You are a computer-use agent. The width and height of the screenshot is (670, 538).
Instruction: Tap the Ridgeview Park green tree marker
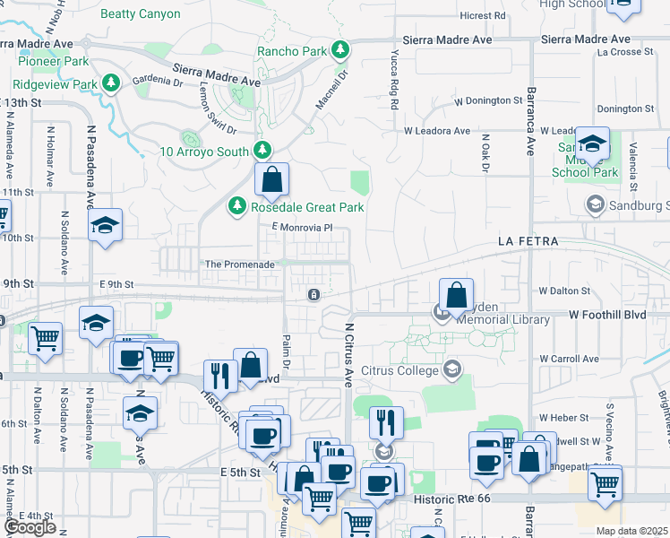(111, 84)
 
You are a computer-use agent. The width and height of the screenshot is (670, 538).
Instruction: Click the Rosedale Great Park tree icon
(237, 207)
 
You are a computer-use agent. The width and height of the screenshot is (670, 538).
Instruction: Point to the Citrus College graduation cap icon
(452, 369)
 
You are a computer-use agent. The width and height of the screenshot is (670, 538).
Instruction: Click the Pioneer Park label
(55, 61)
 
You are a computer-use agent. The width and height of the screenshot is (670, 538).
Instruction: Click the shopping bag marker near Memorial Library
(456, 294)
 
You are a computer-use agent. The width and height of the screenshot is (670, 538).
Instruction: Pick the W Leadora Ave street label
(437, 130)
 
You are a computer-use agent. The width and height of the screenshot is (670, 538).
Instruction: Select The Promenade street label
(239, 265)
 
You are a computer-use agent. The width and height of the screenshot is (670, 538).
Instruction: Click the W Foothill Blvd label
(607, 315)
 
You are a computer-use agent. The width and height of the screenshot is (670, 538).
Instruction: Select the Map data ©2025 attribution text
(631, 531)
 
